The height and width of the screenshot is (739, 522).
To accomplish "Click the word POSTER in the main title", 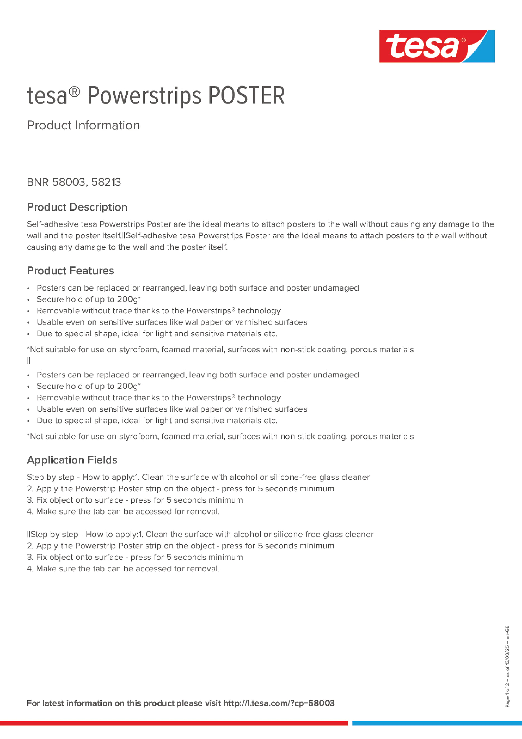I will pos(246,96).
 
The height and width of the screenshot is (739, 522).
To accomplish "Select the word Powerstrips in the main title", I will pos(144,96).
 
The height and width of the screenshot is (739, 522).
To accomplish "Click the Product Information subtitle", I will pos(83,125).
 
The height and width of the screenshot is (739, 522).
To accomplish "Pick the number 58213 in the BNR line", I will pos(106,182).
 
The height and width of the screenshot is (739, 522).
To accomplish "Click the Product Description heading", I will pos(77,207).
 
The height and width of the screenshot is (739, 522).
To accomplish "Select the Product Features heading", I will pos(70,271).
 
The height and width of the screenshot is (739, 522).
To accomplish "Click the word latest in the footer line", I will pos(54,703).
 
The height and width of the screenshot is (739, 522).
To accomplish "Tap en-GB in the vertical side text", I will pos(507,632).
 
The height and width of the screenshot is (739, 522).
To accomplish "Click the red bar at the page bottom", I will pos(174,723).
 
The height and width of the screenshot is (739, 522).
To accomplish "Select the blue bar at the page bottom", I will pos(437,723).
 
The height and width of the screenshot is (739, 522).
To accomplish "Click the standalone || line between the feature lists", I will pos(29,361).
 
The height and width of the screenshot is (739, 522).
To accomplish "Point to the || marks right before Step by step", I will pos(29,534).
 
